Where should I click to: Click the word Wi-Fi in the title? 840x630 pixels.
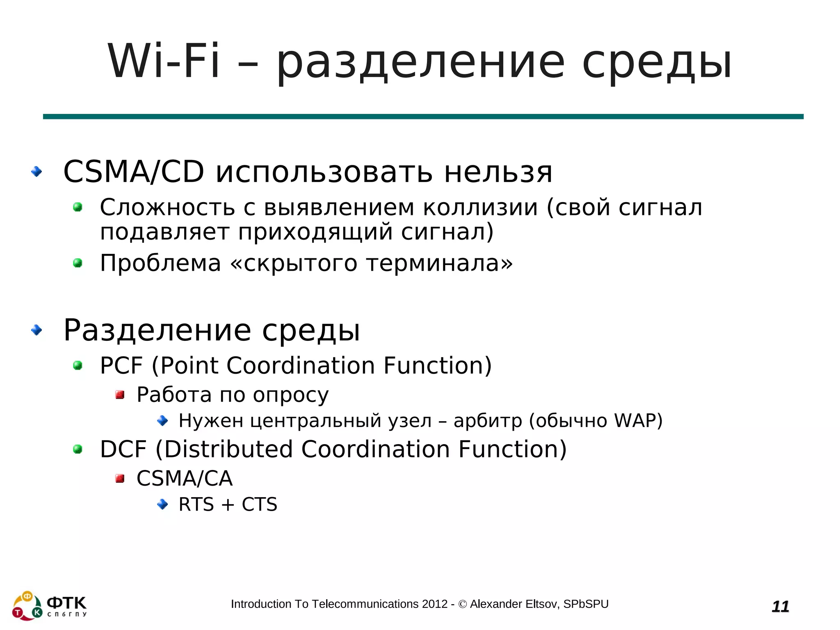[163, 62]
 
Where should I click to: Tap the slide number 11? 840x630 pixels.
[780, 606]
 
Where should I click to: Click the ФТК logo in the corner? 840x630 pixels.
[50, 605]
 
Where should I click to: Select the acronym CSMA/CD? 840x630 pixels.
[134, 171]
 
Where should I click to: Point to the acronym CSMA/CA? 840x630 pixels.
[185, 478]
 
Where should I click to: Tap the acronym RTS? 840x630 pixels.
[196, 504]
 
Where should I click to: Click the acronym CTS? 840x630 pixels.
[260, 504]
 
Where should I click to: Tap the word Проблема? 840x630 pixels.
[160, 263]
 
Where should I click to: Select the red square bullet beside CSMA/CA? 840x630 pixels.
[120, 478]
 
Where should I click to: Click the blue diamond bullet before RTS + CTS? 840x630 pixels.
[163, 504]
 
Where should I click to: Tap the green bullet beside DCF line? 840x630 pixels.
[78, 450]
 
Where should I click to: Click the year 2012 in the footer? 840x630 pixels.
[435, 604]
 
